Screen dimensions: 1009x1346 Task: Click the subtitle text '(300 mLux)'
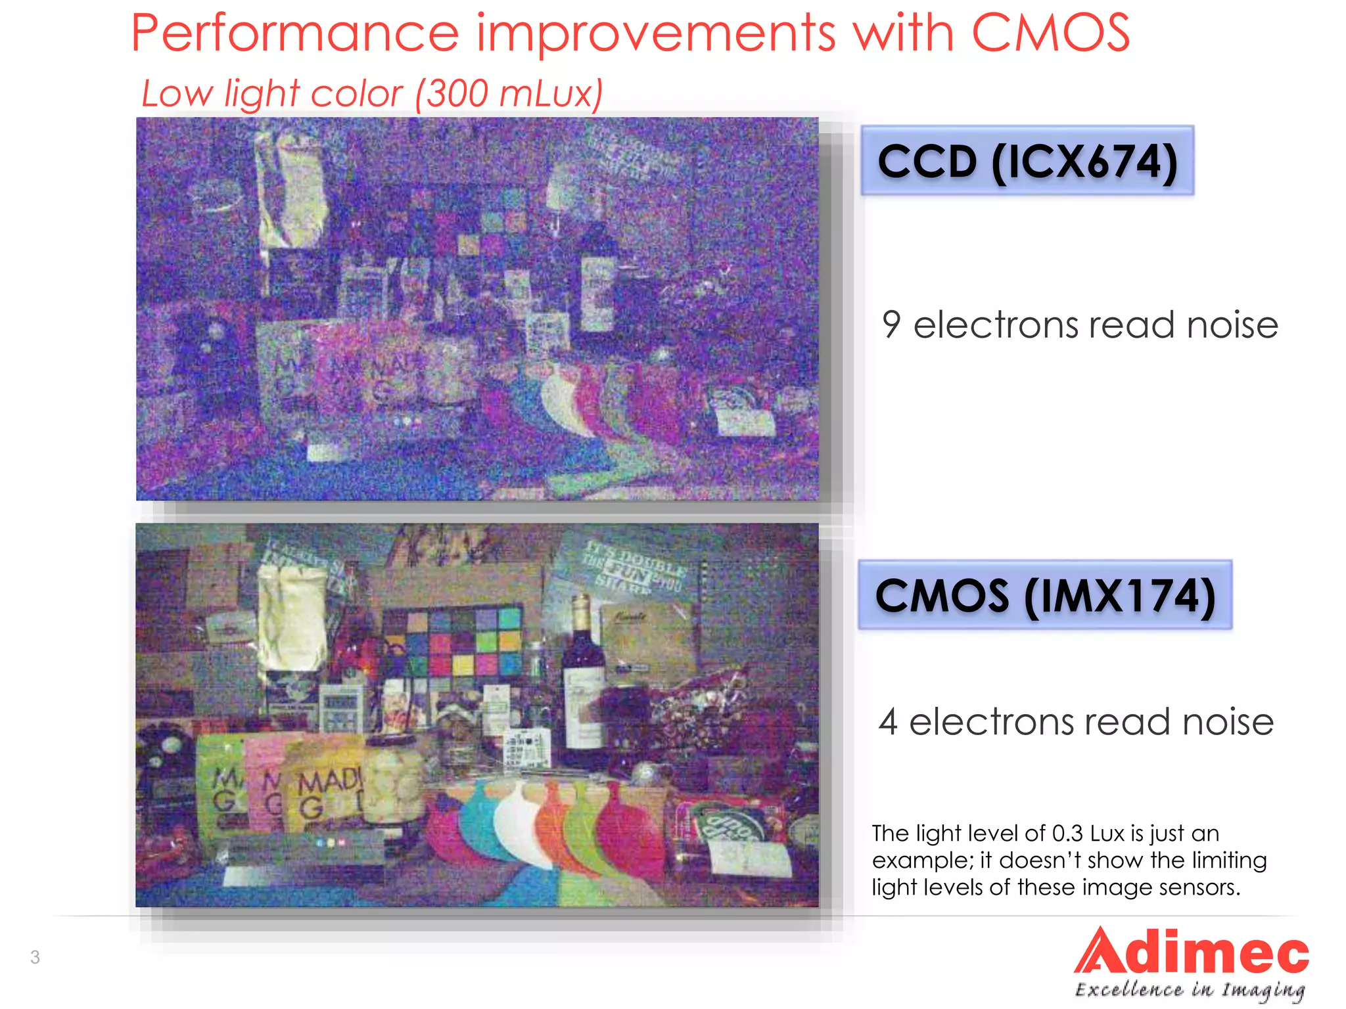coord(509,93)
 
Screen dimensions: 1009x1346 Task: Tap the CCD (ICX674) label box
coord(1027,160)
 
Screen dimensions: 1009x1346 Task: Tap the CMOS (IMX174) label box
coord(1044,595)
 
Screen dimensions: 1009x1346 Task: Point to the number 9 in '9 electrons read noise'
coord(891,325)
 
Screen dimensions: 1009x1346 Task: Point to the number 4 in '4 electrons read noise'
coord(888,721)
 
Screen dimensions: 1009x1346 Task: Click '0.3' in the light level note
coord(1067,834)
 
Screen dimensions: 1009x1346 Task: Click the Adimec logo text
coord(1191,953)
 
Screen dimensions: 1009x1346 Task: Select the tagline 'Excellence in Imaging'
coord(1190,990)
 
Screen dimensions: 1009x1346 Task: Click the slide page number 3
coord(35,957)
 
